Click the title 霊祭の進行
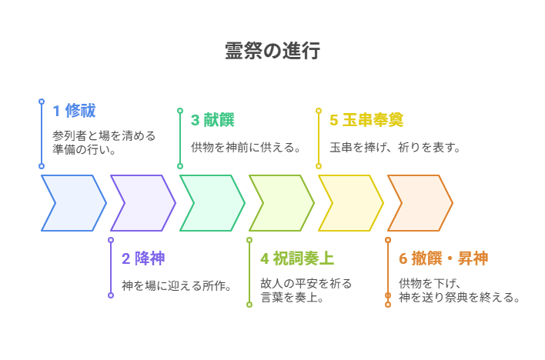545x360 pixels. coord(272,51)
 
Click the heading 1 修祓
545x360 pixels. coord(74,111)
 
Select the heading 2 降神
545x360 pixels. coord(143,258)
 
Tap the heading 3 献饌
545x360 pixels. coord(212,120)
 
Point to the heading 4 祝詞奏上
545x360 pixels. coord(296,258)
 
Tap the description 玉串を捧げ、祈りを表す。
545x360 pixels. coord(396,147)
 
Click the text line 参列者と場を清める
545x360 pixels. coord(104,136)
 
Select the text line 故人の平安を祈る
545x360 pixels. coord(306,283)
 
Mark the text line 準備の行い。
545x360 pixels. coord(85,150)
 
